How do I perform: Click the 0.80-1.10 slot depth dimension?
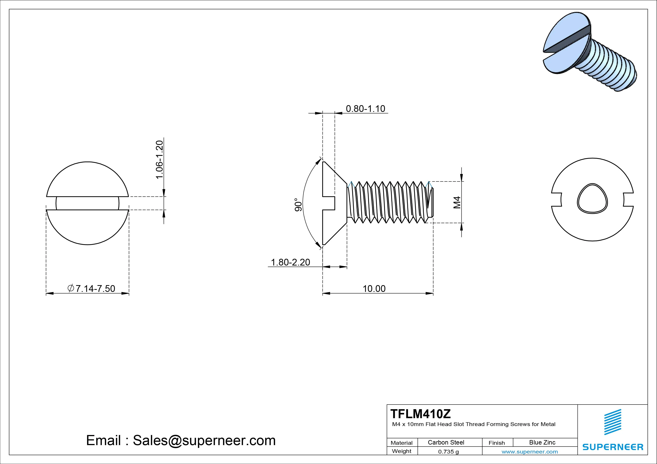pyautogui.click(x=365, y=109)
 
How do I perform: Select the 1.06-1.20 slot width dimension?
pyautogui.click(x=159, y=160)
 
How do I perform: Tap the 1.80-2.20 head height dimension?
pyautogui.click(x=290, y=262)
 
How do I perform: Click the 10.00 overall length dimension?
pyautogui.click(x=374, y=289)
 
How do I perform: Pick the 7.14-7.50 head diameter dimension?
pyautogui.click(x=92, y=289)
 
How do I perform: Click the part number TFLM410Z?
pyautogui.click(x=420, y=414)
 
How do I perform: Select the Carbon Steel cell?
pyautogui.click(x=446, y=442)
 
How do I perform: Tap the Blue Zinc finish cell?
pyautogui.click(x=542, y=442)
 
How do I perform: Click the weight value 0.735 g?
pyautogui.click(x=448, y=452)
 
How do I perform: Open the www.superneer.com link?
pyautogui.click(x=530, y=452)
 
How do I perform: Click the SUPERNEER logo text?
pyautogui.click(x=613, y=447)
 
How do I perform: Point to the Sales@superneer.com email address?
pyautogui.click(x=204, y=440)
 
